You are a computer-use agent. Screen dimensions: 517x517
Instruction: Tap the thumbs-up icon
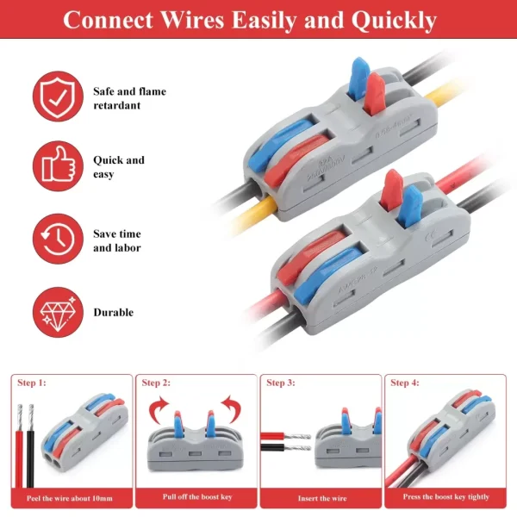click(x=57, y=167)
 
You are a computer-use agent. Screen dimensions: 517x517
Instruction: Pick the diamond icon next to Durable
click(x=57, y=312)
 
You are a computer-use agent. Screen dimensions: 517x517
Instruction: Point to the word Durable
click(x=113, y=312)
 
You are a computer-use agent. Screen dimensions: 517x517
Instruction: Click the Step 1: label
click(x=31, y=383)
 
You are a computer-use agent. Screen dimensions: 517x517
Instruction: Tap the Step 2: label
click(x=156, y=383)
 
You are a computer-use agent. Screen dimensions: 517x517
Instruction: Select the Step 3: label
click(x=281, y=383)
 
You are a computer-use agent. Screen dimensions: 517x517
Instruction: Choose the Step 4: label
click(x=405, y=383)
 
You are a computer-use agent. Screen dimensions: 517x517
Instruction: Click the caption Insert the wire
click(x=321, y=498)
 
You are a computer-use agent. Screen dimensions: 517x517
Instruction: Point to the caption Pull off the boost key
click(x=196, y=498)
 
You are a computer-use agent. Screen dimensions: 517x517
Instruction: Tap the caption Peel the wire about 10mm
click(x=71, y=498)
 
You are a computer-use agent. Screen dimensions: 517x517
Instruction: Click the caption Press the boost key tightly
click(x=445, y=498)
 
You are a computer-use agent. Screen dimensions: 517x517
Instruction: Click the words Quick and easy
click(x=119, y=167)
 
